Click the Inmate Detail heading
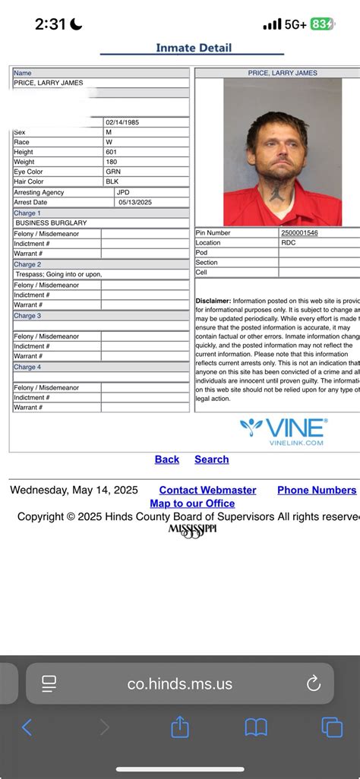pos(194,48)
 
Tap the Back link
pos(167,459)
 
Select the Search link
pos(211,459)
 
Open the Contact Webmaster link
pos(207,490)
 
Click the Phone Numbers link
pos(317,490)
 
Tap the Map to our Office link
pos(192,503)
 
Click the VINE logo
pos(284,430)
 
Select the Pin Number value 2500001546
pos(299,233)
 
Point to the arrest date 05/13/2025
pos(134,203)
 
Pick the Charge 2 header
pos(28,264)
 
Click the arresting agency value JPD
pos(124,193)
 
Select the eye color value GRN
pos(113,172)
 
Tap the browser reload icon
pos(314,684)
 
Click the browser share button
pos(180,727)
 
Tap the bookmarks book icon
pos(256,727)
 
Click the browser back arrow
pos(27,727)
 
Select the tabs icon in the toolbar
pos(332,727)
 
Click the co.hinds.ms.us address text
pos(180,684)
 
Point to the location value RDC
pos(289,243)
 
